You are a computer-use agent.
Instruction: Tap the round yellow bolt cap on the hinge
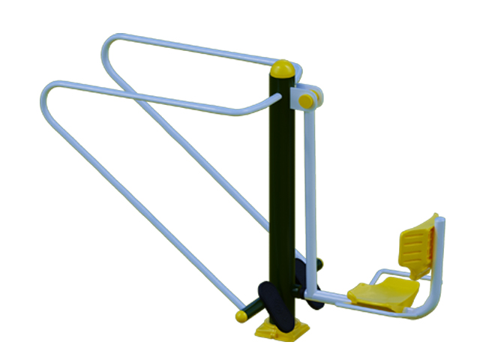click(x=306, y=98)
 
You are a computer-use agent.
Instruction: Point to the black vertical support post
click(x=282, y=187)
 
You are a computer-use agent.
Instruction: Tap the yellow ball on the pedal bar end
click(x=241, y=316)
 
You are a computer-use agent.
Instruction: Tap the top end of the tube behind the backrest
click(x=441, y=222)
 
